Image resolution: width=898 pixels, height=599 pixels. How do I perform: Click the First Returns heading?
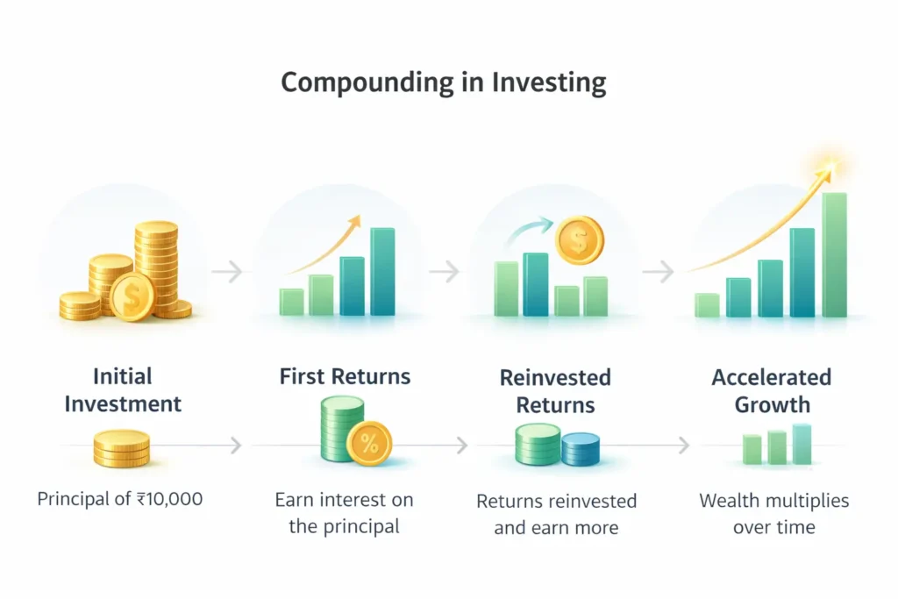(x=345, y=377)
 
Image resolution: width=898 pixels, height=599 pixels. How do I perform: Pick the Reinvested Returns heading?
(x=554, y=391)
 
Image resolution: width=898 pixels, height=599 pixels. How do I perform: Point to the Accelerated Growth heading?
(x=771, y=391)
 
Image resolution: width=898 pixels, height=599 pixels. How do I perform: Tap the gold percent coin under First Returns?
(x=369, y=443)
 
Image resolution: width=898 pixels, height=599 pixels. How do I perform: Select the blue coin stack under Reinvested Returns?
(x=580, y=449)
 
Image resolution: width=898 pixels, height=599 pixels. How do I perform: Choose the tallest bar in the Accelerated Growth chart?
(x=834, y=254)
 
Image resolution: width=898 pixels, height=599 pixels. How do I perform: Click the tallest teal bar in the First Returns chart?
(x=382, y=271)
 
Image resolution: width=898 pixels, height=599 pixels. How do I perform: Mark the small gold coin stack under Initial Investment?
(x=122, y=449)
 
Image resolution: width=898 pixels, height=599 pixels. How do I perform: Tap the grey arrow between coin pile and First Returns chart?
(x=226, y=272)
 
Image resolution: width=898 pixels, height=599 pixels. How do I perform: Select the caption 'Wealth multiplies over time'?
(x=773, y=514)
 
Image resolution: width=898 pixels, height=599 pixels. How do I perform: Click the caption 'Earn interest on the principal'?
(x=345, y=514)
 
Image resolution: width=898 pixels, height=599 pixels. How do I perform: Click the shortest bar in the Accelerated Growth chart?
(x=707, y=304)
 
